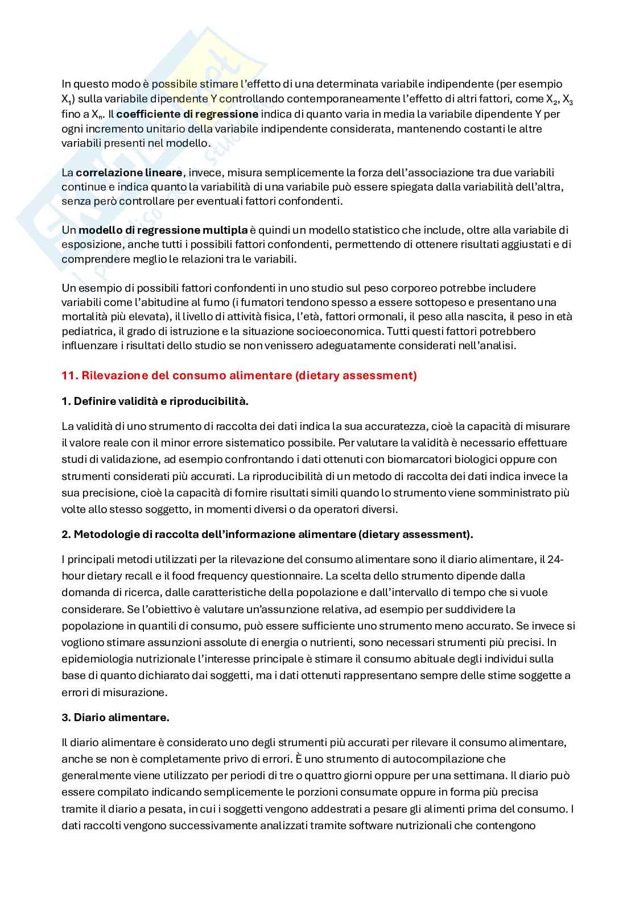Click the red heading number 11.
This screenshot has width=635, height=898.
point(69,376)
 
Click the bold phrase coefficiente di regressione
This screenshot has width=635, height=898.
point(187,114)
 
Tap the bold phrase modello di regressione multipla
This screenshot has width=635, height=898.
point(163,230)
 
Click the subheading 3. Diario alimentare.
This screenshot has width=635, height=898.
point(116,718)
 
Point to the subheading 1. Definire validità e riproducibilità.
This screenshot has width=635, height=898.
point(155,402)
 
